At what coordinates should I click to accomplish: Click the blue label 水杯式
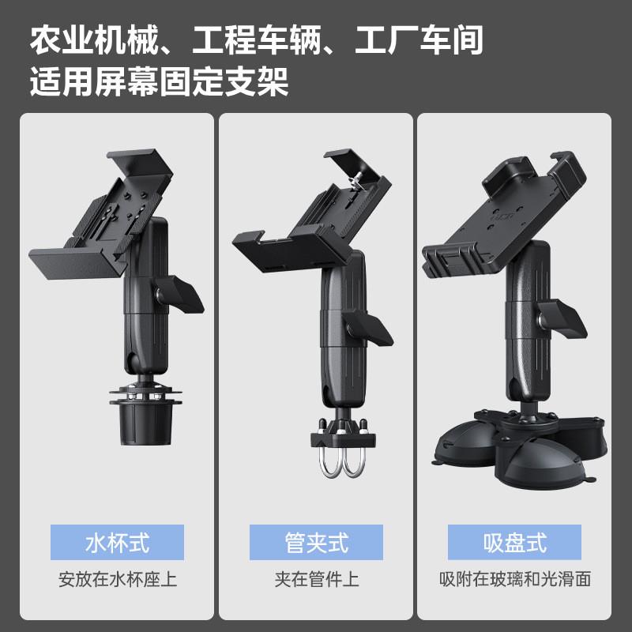(117, 543)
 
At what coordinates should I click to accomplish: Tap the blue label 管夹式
(316, 543)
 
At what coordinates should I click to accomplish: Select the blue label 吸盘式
(514, 543)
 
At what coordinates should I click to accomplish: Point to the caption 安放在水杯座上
(117, 579)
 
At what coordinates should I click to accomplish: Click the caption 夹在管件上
(316, 579)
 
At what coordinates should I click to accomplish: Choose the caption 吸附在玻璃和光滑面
(514, 579)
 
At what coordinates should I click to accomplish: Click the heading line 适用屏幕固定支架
(158, 81)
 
